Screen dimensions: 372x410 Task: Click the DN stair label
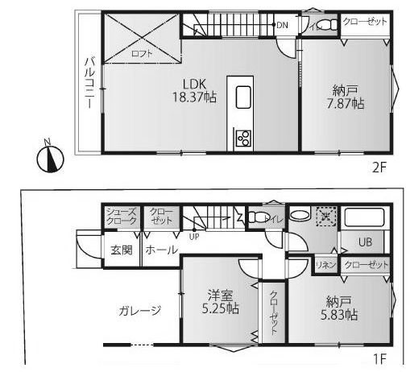tap(282, 26)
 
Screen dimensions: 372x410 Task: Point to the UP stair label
tap(194, 237)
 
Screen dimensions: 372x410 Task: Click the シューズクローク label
tap(122, 216)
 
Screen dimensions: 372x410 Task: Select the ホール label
tap(161, 250)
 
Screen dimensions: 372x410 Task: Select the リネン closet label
tap(325, 264)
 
